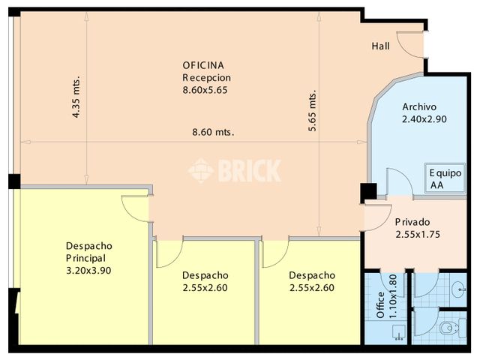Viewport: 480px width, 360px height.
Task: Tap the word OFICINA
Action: coord(204,64)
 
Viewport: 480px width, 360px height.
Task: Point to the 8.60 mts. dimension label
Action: coord(213,132)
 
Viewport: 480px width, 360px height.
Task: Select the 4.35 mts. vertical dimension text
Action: coord(76,97)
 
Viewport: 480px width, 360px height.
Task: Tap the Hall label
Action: coord(381,46)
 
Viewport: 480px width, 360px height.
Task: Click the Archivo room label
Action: coord(419,106)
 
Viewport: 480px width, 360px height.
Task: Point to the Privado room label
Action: coord(412,222)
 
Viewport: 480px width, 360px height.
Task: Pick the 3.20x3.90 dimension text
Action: coord(88,271)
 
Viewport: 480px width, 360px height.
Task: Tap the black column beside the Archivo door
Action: coord(367,192)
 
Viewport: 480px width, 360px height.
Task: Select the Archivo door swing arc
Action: coord(398,182)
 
